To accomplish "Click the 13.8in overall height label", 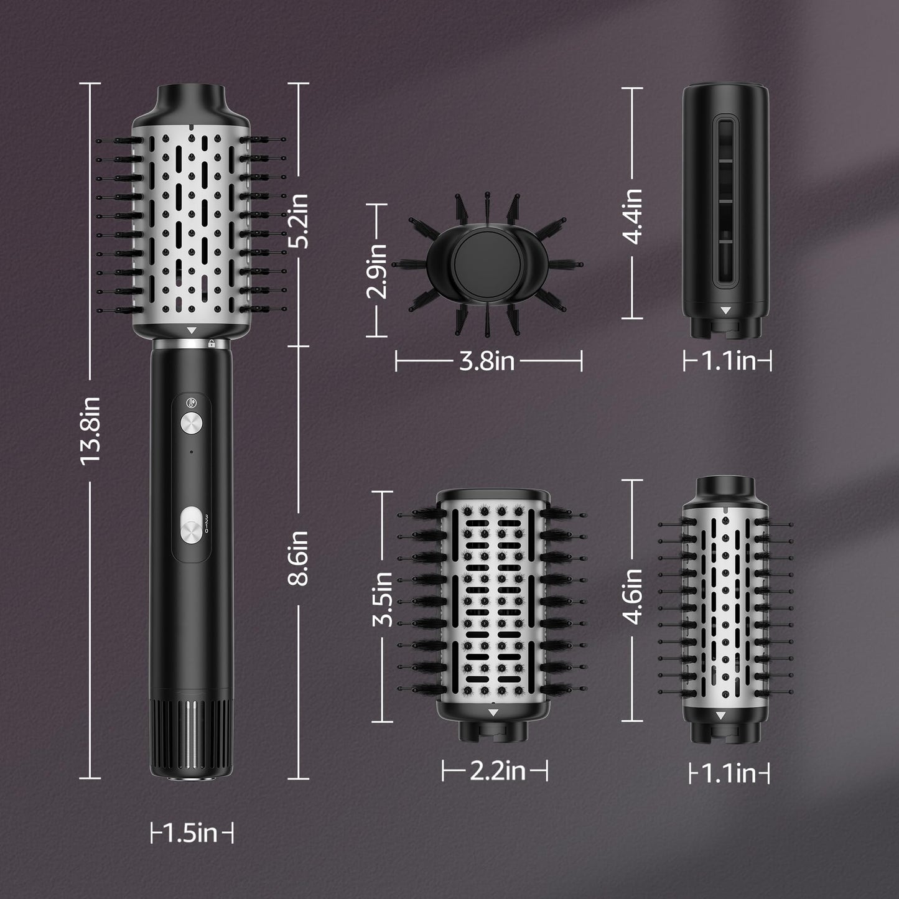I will click(x=90, y=429).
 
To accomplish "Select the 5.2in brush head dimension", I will click(x=299, y=220).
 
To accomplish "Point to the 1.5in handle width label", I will click(x=192, y=832).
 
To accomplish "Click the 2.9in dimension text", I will click(x=377, y=271).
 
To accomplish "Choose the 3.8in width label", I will click(x=487, y=361).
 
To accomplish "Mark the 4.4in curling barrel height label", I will click(x=632, y=217).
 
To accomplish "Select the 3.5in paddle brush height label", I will click(x=382, y=599).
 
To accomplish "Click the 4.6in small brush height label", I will click(x=632, y=596).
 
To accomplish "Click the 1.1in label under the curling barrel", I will click(x=728, y=361).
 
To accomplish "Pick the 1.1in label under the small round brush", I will click(x=729, y=774).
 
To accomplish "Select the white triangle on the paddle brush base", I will click(x=493, y=713).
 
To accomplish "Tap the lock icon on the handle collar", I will click(x=212, y=343).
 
